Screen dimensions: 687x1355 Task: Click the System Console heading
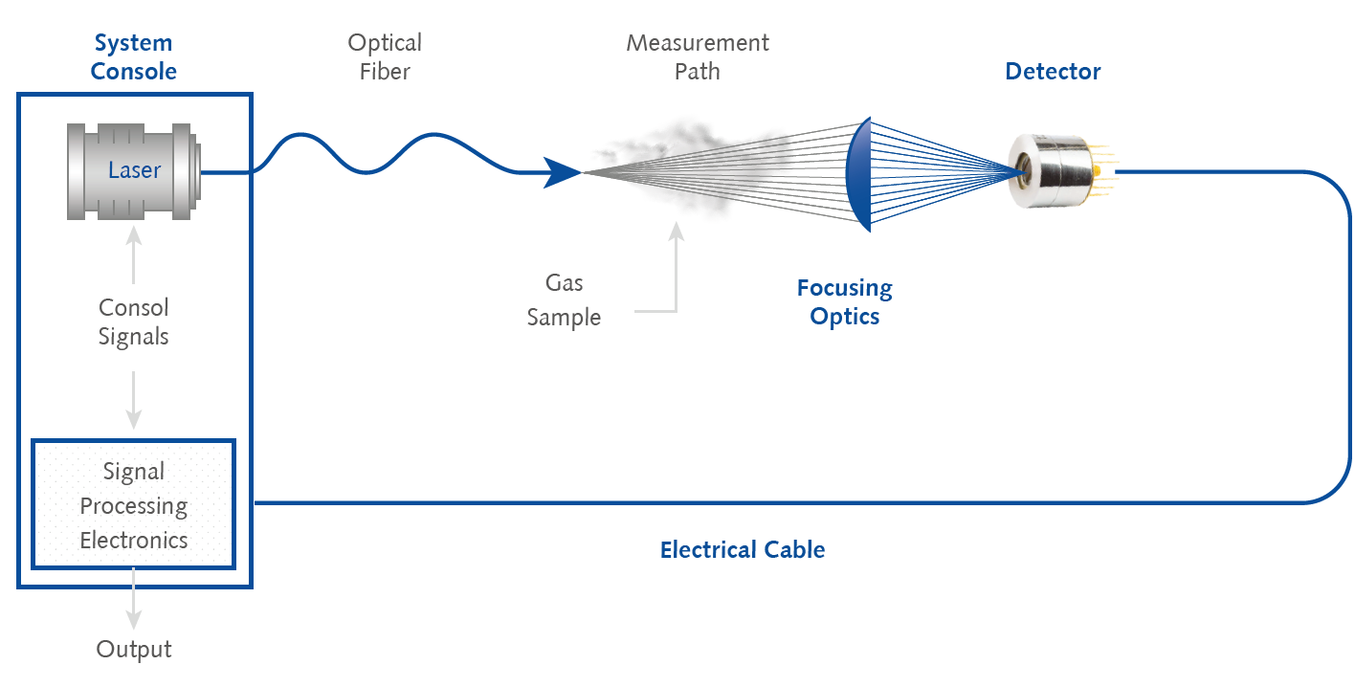pos(134,56)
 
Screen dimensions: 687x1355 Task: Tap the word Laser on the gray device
pos(134,170)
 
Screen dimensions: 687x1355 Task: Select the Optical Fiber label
pos(384,56)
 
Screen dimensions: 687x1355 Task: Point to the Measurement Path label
pos(697,56)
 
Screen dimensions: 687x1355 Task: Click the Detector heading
pos(1053,71)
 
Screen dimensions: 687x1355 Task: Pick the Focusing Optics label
pos(844,301)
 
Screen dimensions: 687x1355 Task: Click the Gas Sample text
pos(564,300)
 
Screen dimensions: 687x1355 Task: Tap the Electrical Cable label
pos(742,549)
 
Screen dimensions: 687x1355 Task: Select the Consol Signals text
pos(134,321)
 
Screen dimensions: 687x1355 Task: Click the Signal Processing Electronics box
pos(134,505)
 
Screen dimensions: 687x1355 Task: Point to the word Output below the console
pos(134,649)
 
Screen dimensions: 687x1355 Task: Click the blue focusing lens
pos(860,173)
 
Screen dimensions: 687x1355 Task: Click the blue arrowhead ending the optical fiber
pos(563,173)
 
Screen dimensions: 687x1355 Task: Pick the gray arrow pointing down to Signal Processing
pos(134,400)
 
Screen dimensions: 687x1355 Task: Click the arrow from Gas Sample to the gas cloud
pos(676,268)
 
